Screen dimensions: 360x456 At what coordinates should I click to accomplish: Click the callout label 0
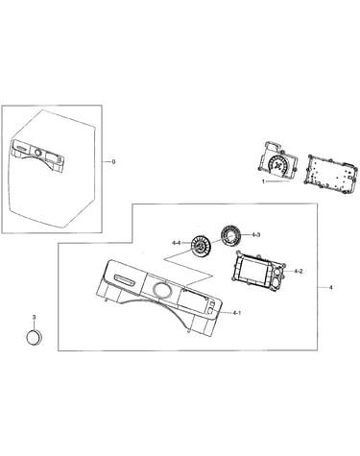tap(113, 162)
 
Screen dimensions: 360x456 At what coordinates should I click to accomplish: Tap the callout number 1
tap(263, 181)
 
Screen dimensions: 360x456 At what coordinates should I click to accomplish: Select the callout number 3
tap(34, 317)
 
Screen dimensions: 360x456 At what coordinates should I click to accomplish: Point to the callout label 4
tap(330, 288)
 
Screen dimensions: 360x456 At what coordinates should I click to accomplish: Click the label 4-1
tap(236, 313)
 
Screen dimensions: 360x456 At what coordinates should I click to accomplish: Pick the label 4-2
tap(298, 272)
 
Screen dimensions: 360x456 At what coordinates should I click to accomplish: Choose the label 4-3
tap(255, 234)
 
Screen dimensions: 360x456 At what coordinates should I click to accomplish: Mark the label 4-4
tap(177, 243)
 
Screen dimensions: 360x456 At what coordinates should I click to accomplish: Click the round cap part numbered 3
tap(34, 337)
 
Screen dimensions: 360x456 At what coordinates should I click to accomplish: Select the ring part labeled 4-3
tap(229, 235)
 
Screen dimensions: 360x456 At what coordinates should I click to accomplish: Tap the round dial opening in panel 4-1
tap(161, 289)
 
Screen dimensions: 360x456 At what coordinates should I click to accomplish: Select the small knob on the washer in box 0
tap(38, 153)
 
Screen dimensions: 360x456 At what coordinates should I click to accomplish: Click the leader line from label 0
tap(107, 162)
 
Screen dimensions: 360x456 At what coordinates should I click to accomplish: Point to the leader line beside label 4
tap(323, 288)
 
